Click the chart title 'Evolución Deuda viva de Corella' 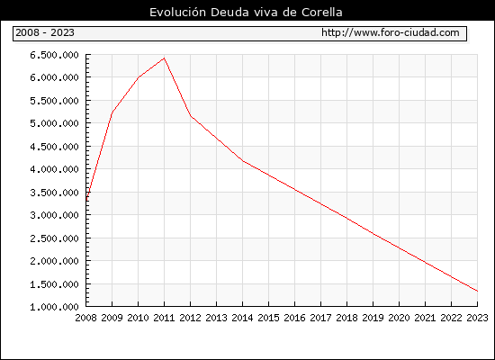coord(246,12)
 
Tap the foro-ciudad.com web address coord(391,32)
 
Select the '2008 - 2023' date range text coord(45,32)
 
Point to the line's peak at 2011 coord(164,58)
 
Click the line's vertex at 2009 coord(112,112)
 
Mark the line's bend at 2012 coord(191,116)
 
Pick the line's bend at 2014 coord(242,161)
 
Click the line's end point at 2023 coord(477,292)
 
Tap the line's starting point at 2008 coord(86,200)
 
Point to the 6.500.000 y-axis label coord(54,55)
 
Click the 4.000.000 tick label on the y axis coord(54,169)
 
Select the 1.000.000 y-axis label coord(54,307)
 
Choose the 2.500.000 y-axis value coord(54,238)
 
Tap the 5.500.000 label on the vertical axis coord(54,101)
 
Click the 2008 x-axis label coord(85,318)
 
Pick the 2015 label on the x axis coord(269,318)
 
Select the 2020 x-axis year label coord(399,318)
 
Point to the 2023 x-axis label coord(477,318)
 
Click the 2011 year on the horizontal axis coord(164,318)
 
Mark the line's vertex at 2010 coord(139,77)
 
